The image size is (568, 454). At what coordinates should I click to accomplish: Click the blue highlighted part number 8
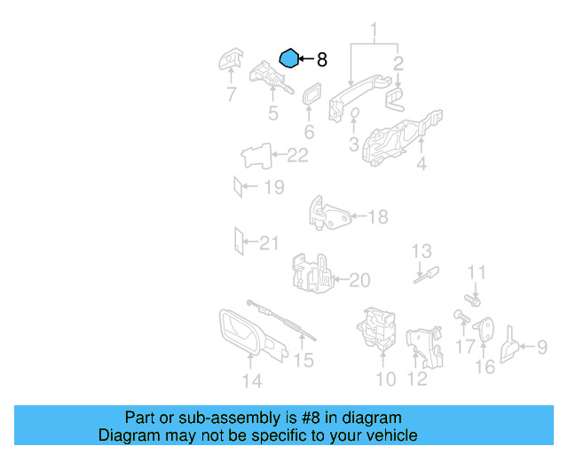289,59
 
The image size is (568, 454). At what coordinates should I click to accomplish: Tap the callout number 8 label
322,59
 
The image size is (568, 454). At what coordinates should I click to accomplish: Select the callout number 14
252,381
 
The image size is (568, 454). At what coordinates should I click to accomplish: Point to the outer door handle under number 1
357,96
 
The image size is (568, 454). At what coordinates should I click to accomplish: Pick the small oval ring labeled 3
355,113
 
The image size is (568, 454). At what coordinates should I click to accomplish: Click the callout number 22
297,155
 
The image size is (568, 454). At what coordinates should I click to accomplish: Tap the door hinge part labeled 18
329,215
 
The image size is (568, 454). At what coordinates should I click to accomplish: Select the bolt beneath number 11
472,300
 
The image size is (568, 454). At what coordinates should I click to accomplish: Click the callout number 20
359,280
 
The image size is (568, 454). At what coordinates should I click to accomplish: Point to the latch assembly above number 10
376,328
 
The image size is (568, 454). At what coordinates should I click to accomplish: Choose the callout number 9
542,347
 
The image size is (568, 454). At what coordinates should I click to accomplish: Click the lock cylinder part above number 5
270,77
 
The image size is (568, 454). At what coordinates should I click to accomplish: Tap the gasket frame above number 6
312,94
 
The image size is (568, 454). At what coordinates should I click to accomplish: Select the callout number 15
304,360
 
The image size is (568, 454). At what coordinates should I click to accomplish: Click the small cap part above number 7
230,59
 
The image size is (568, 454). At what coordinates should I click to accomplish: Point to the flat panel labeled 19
238,187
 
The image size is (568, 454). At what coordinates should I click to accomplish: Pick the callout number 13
422,251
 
